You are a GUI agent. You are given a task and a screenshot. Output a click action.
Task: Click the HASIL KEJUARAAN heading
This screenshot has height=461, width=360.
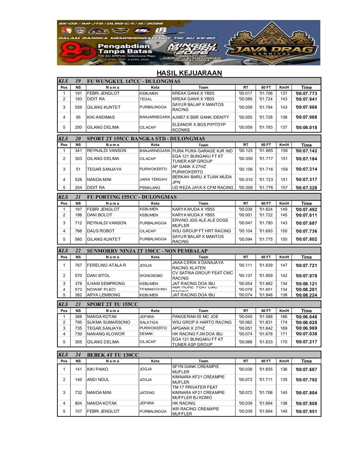189,73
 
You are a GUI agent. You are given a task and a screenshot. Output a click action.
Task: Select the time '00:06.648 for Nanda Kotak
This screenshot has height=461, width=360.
306,317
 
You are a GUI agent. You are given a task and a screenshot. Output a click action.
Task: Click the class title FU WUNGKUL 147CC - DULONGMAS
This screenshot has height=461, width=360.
133,81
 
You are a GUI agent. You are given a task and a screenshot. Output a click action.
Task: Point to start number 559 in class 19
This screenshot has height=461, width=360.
78,107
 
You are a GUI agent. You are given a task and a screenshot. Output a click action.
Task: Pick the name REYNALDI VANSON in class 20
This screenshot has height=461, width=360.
107,151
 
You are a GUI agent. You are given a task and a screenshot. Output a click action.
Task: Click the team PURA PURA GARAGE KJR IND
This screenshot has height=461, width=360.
202,151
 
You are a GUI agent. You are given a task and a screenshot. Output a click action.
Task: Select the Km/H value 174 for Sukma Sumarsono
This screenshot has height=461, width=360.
284,322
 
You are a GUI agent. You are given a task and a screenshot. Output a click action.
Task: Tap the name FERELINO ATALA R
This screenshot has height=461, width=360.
106,265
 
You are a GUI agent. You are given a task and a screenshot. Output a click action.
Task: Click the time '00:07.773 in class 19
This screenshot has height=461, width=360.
306,93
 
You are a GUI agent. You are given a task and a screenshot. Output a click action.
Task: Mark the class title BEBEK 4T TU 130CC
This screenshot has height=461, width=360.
113,355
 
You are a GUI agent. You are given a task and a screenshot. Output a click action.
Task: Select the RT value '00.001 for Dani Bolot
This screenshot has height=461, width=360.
246,215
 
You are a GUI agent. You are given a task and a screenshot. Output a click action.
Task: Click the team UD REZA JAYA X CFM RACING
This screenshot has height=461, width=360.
203,188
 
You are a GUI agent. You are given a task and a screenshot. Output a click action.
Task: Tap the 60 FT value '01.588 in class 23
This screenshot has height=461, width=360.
266,317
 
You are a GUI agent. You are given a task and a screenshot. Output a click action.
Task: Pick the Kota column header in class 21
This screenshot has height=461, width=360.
155,203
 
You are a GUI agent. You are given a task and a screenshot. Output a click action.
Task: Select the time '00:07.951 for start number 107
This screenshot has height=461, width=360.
306,411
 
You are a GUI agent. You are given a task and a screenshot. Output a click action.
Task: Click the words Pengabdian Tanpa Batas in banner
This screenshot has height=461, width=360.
124,49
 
